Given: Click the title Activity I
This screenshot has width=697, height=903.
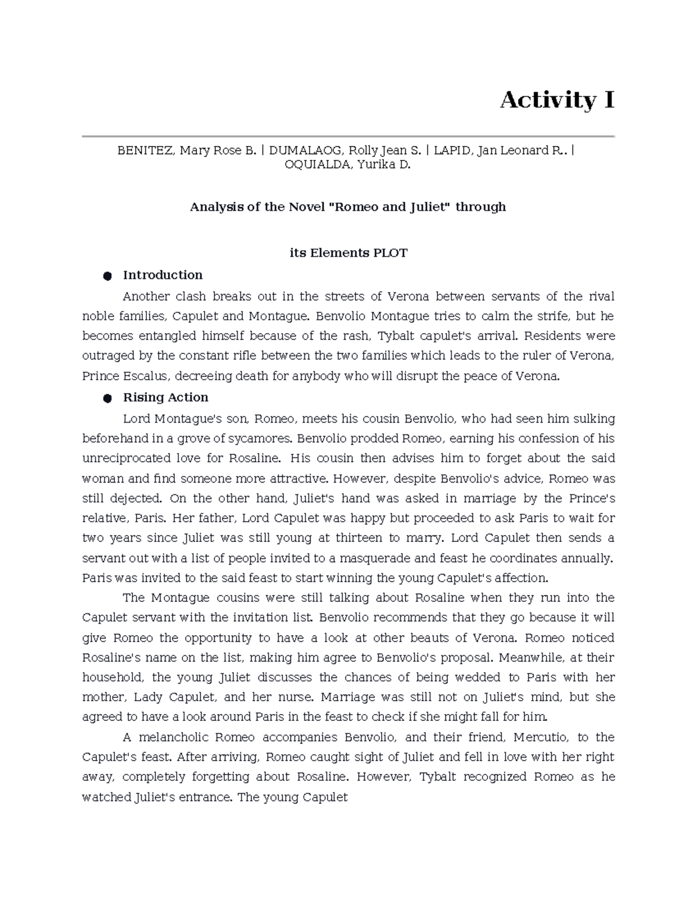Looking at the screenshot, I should pos(556,100).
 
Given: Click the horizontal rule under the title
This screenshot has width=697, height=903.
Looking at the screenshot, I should pos(348,136).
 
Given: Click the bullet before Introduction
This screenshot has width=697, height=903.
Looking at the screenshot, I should pos(107,276).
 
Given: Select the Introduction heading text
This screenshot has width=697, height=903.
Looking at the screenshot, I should pos(163,275).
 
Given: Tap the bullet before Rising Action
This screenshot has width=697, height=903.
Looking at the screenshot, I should pos(107,398).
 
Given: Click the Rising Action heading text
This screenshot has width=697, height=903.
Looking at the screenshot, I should pos(166,398).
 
